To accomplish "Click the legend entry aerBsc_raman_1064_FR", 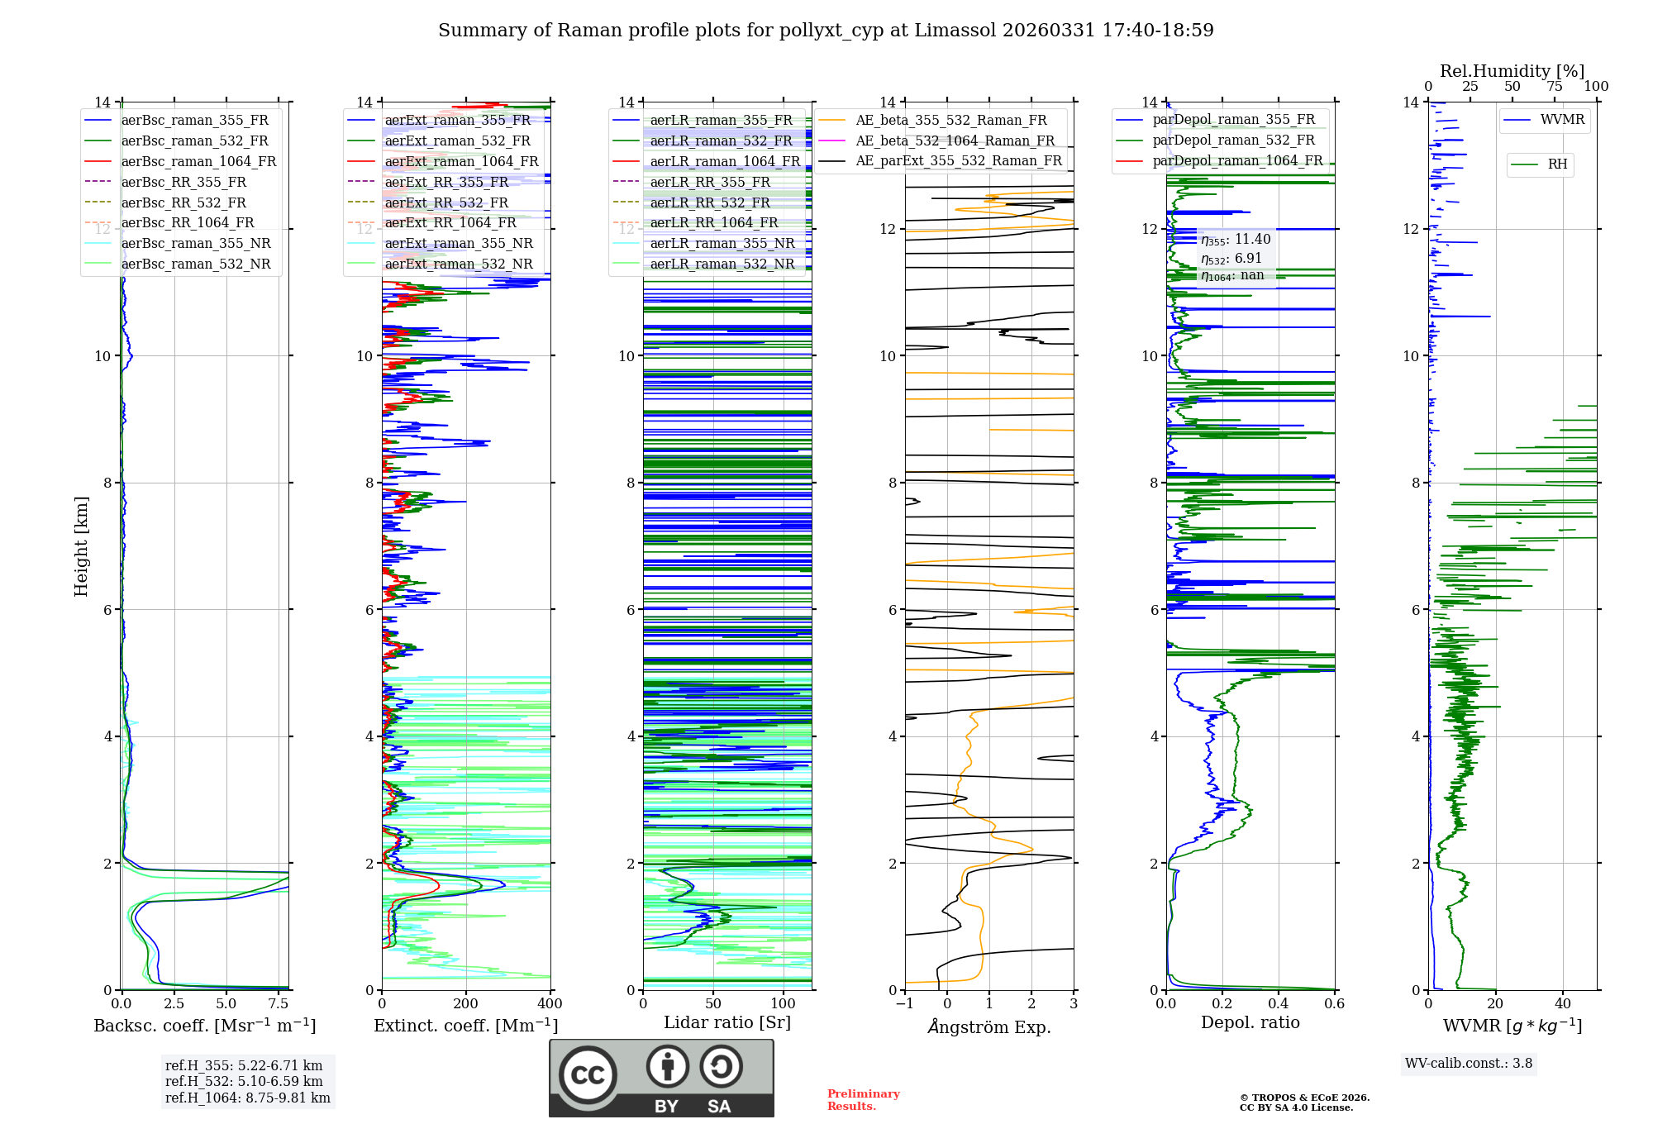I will (x=198, y=161).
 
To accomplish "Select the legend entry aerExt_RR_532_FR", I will (x=446, y=202).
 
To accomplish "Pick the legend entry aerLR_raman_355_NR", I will (x=722, y=243).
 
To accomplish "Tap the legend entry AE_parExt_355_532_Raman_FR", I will (x=958, y=160).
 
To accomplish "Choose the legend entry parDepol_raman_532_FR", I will (x=1233, y=140).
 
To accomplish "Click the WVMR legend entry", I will (x=1562, y=120).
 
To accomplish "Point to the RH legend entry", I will (x=1557, y=164).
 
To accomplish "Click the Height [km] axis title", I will (x=81, y=546).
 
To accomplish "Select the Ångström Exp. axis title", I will (x=989, y=1026).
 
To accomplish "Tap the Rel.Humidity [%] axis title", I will (x=1512, y=71).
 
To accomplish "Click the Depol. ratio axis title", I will (x=1250, y=1022).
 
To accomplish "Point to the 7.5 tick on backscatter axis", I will (x=279, y=1004).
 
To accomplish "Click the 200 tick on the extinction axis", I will (x=466, y=1004).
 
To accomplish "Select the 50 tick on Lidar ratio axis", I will (x=713, y=1004).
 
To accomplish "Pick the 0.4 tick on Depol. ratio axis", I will (x=1279, y=1004).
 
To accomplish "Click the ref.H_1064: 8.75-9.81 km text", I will (x=247, y=1098).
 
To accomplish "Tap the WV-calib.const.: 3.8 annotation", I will (x=1468, y=1064).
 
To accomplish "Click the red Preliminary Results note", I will (x=863, y=1099).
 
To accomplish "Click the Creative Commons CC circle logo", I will (x=588, y=1074).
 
